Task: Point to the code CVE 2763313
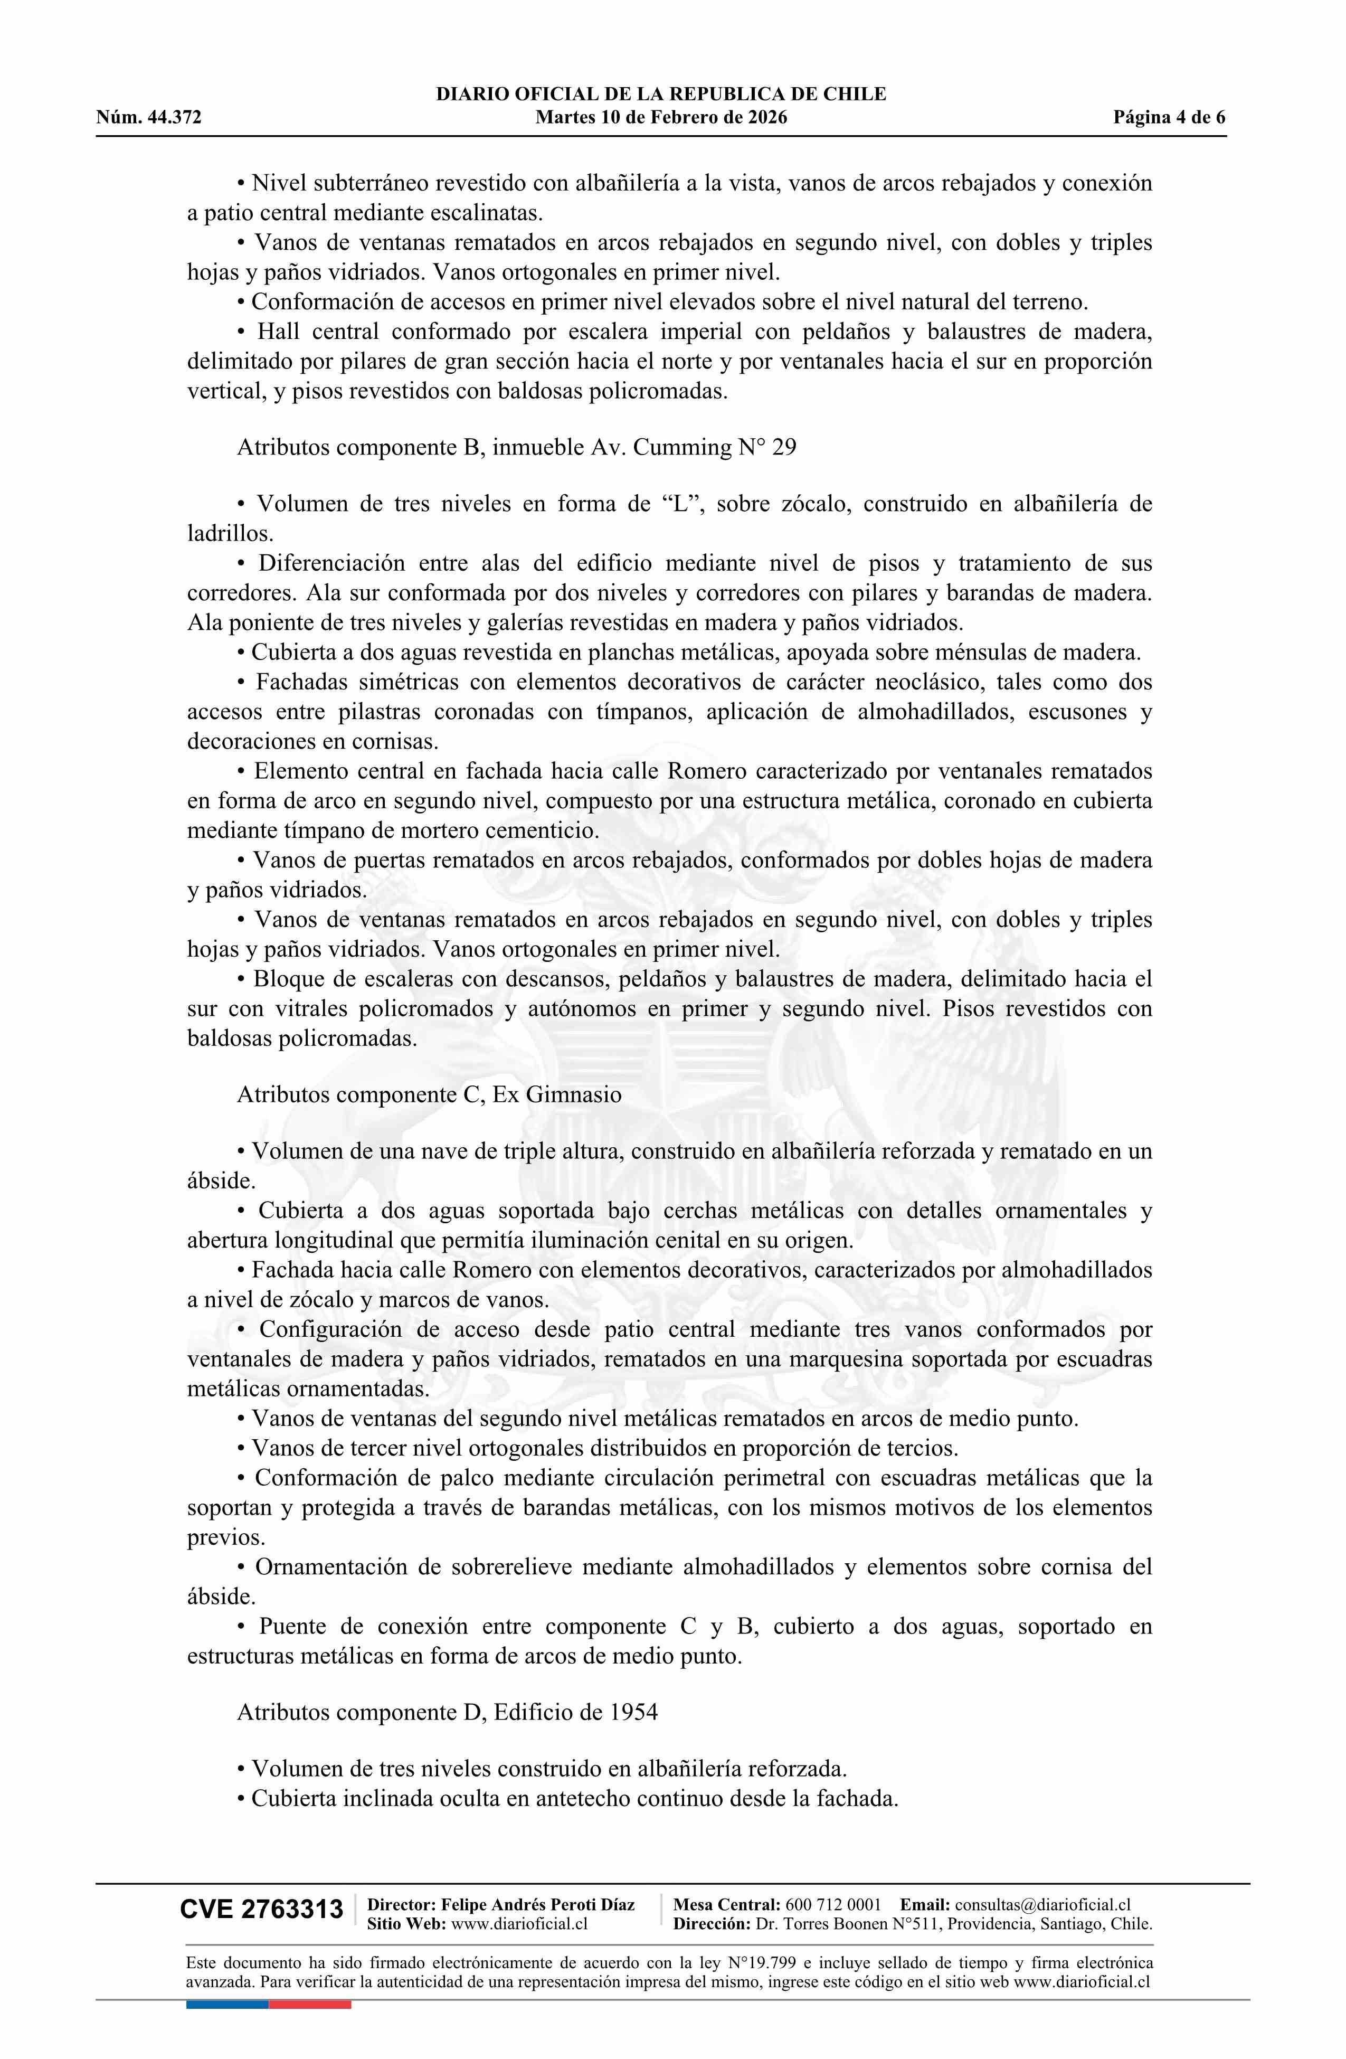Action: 261,1909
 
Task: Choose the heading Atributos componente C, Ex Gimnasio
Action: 429,1094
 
